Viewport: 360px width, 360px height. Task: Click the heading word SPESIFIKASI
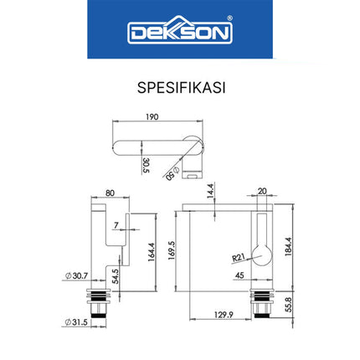pyautogui.click(x=179, y=86)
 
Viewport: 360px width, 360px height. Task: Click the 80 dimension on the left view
pyautogui.click(x=110, y=191)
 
